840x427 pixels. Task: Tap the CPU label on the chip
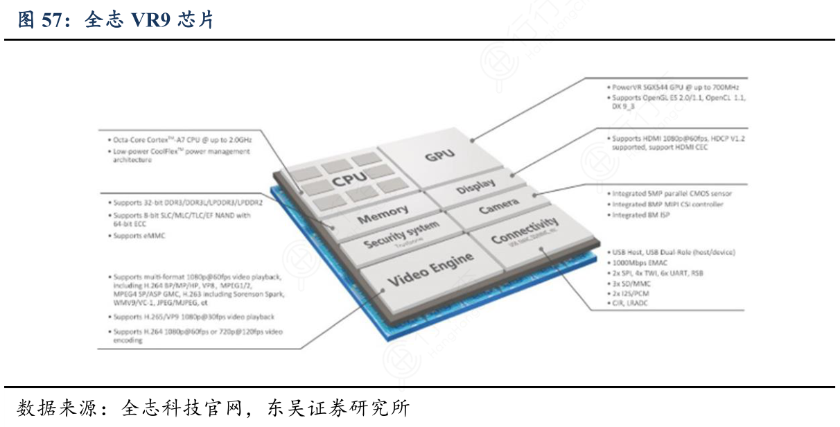click(348, 181)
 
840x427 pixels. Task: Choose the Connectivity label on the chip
click(524, 230)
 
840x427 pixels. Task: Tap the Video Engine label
click(430, 270)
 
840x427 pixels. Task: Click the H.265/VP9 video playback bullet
click(194, 317)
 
